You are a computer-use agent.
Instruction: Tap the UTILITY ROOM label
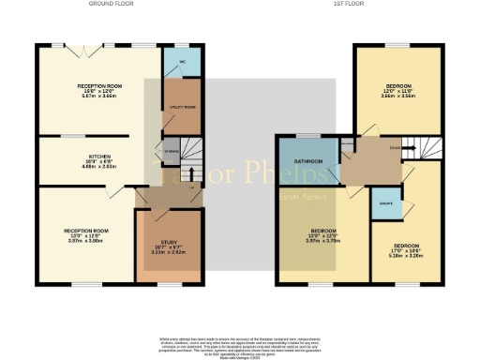coord(175,109)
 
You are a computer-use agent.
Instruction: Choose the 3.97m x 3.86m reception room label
coord(86,232)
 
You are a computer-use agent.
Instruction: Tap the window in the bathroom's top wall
coord(302,136)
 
